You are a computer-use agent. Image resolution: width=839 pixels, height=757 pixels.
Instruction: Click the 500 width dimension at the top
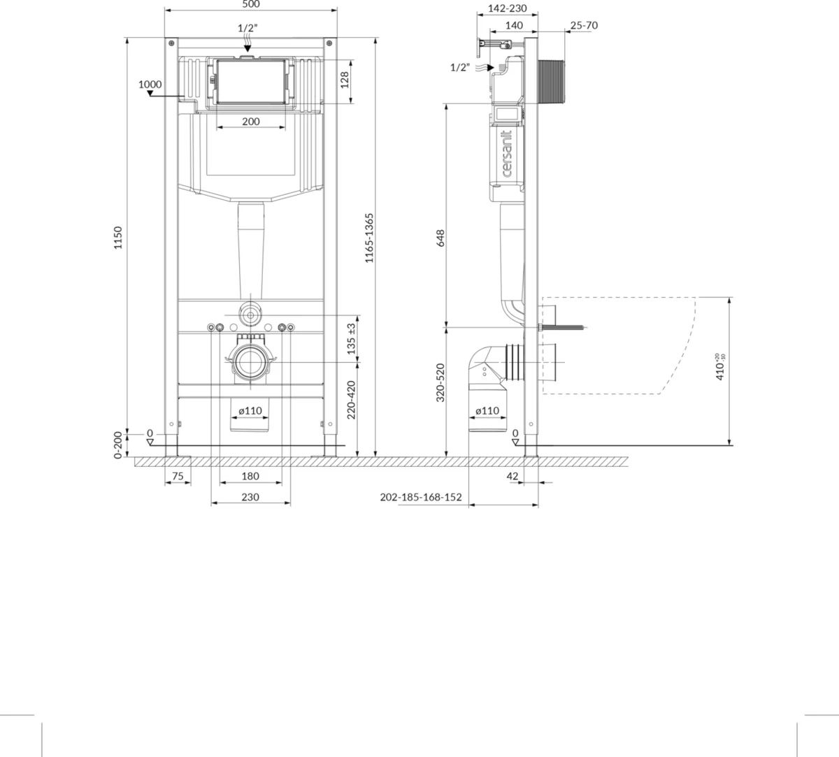[251, 4]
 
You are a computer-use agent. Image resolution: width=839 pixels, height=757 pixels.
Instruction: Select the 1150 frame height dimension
[118, 238]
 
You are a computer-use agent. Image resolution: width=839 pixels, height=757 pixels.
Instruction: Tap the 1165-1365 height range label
[369, 238]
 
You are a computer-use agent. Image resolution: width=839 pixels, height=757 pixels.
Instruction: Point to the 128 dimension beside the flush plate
[345, 80]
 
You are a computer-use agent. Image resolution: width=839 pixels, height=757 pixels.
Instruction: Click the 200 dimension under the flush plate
[251, 122]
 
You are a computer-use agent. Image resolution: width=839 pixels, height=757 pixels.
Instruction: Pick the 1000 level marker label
[150, 85]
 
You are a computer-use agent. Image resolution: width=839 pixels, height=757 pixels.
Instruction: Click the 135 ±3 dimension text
[351, 339]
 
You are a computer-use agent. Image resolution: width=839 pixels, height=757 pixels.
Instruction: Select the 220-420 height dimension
[351, 401]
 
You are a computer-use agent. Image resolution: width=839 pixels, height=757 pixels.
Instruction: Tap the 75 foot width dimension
[178, 476]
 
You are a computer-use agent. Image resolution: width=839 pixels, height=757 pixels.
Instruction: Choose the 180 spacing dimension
[250, 476]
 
